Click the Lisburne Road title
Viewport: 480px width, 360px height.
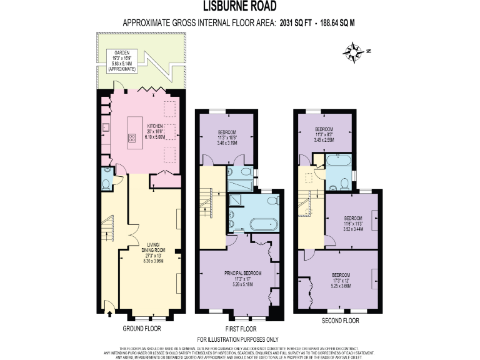tap(239, 7)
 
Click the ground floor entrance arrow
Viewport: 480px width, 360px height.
tap(110, 306)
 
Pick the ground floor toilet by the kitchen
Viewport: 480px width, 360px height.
tap(106, 184)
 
